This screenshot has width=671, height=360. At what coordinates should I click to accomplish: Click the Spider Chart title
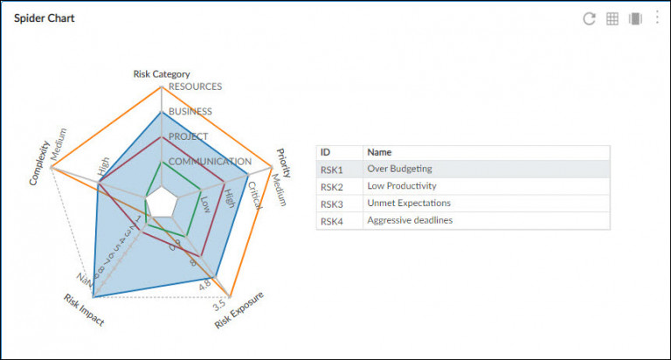[x=44, y=18]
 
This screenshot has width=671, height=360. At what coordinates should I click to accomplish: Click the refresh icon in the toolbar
[x=589, y=18]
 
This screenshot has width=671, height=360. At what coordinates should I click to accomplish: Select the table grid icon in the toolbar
[x=612, y=18]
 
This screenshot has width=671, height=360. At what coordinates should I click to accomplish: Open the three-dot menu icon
[x=657, y=17]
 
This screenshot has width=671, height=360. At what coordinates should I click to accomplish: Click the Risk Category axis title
[x=162, y=74]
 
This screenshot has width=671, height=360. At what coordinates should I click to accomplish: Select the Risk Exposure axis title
[x=239, y=310]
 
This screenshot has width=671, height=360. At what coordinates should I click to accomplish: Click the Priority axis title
[x=284, y=162]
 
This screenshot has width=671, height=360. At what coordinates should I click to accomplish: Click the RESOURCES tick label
[x=195, y=87]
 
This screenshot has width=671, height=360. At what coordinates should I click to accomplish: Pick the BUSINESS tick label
[x=190, y=112]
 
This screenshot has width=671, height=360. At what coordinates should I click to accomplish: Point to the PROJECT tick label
[x=188, y=136]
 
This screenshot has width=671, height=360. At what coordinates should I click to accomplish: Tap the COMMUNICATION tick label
[x=210, y=162]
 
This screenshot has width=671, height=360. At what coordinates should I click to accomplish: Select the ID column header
[x=326, y=152]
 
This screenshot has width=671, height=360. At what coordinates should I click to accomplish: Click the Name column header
[x=379, y=152]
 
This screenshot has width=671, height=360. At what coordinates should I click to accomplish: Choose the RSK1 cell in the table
[x=332, y=170]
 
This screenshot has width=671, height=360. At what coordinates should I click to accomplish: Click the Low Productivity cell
[x=402, y=186]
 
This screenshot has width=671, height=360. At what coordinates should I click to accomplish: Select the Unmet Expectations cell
[x=409, y=204]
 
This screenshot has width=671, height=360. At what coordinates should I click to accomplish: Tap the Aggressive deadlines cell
[x=410, y=221]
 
